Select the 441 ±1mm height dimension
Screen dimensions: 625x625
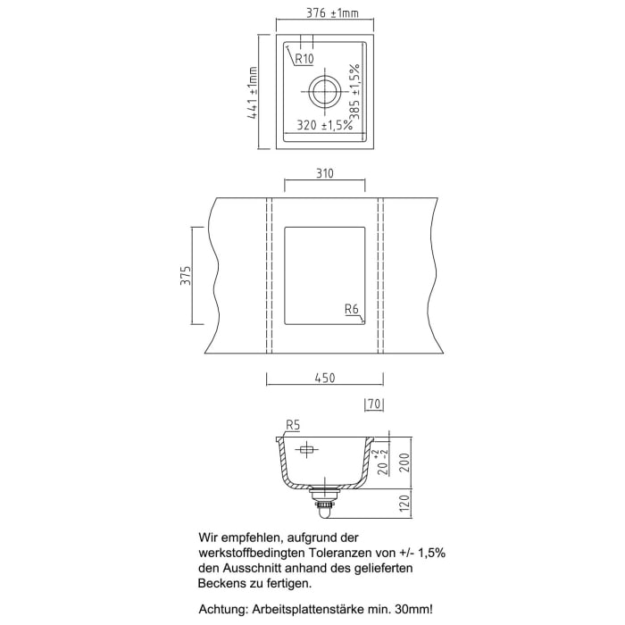[253, 93]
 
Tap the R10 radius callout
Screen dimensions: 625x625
[302, 60]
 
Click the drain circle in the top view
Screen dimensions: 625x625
[324, 90]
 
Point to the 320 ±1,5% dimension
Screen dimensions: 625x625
[322, 126]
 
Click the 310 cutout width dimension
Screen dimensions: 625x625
[323, 175]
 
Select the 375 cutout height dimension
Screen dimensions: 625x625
[184, 276]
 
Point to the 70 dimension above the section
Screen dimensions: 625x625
[374, 404]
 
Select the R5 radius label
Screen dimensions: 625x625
[291, 425]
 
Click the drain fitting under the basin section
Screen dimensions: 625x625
[324, 499]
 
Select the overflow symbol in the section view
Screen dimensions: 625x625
[306, 449]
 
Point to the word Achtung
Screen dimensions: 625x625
[223, 610]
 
